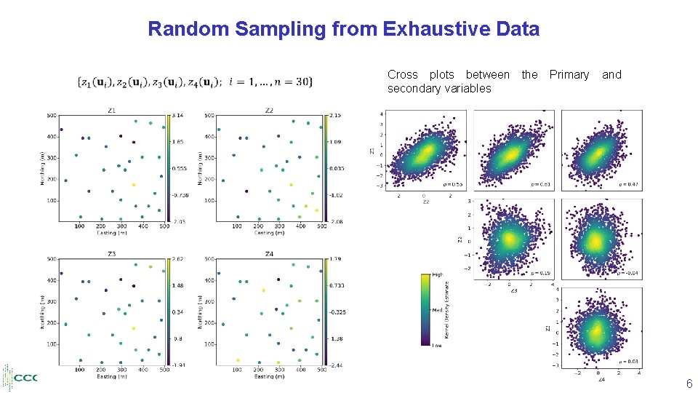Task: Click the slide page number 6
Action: pos(688,384)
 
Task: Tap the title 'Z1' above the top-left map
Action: pos(112,110)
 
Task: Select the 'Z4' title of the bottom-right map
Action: pos(269,254)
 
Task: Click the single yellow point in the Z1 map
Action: pos(133,185)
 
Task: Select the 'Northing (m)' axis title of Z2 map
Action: pos(200,167)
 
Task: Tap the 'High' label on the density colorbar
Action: pos(437,275)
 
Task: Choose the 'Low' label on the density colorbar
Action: pos(436,346)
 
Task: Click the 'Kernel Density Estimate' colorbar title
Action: pos(447,310)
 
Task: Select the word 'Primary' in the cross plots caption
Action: pos(569,74)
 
